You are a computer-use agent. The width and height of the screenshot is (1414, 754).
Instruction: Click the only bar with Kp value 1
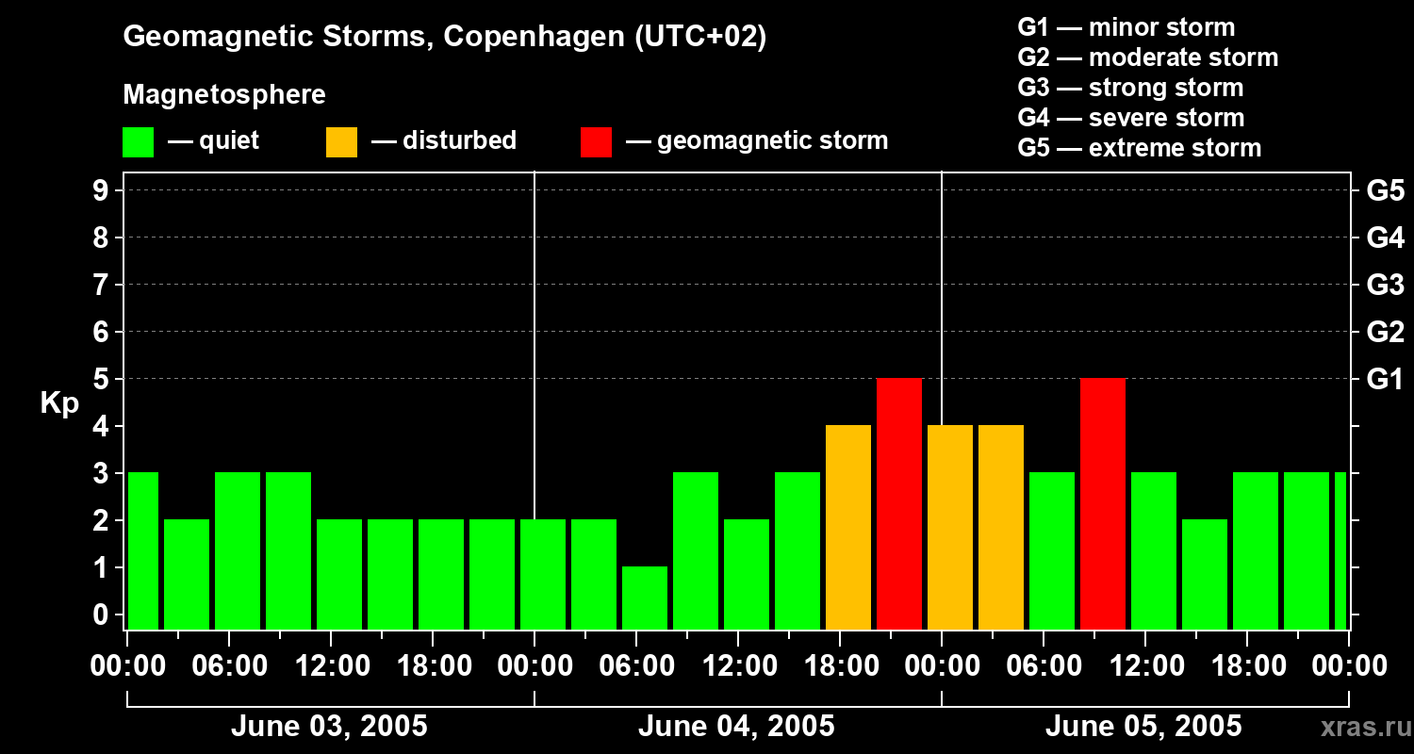(x=645, y=598)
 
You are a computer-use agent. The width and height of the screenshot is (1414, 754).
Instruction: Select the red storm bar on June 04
(x=899, y=503)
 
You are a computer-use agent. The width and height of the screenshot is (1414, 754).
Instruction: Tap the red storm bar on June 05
(x=1103, y=503)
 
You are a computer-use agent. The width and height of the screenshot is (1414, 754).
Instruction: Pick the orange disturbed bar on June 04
(x=848, y=527)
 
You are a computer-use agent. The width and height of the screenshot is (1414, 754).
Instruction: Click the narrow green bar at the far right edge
(x=1340, y=550)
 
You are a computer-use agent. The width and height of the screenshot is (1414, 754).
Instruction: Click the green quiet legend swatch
(x=139, y=141)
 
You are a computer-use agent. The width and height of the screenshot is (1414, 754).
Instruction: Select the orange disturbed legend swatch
(x=341, y=141)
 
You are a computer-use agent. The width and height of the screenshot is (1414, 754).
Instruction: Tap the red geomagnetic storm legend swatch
(x=596, y=141)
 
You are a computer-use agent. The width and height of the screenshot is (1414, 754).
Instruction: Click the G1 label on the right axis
(x=1385, y=380)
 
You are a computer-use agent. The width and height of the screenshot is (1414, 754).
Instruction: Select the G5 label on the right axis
(x=1385, y=191)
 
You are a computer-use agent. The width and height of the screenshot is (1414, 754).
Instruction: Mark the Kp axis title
(x=59, y=403)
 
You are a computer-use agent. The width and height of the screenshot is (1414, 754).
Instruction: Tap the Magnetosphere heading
(x=224, y=95)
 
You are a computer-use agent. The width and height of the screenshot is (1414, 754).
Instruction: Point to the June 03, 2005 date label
(x=329, y=727)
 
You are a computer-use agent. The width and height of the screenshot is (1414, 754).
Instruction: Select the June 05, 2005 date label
(x=1143, y=727)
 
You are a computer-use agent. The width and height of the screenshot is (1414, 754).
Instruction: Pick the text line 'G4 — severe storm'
(x=1131, y=118)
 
